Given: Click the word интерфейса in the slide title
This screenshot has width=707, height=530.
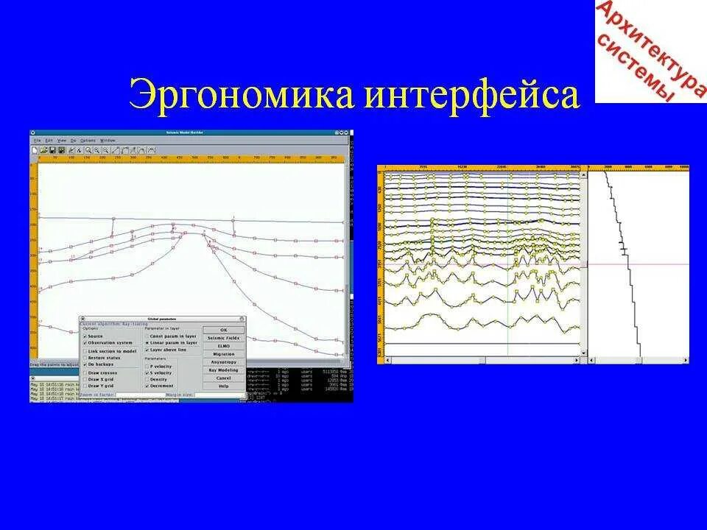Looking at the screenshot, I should (x=471, y=96).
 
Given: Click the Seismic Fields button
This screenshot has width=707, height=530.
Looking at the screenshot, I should (x=223, y=338).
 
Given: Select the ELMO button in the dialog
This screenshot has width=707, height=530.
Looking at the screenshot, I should (x=223, y=346).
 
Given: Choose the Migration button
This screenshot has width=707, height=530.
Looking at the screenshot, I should (x=223, y=354).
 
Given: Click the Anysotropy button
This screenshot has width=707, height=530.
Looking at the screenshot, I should (x=223, y=362).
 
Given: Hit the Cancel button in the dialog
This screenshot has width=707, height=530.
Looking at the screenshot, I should (x=223, y=378).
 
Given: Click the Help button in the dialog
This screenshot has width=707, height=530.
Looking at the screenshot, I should (x=223, y=386).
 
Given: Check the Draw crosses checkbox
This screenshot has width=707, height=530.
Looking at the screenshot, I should (x=85, y=373).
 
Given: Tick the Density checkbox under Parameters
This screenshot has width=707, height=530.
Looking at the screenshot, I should (x=147, y=379).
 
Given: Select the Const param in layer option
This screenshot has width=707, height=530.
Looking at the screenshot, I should (x=147, y=336).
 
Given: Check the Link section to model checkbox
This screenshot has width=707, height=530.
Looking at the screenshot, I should (x=85, y=351).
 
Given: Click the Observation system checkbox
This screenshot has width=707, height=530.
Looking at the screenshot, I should (x=85, y=343).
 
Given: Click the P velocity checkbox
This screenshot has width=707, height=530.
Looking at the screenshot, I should (x=147, y=367).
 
